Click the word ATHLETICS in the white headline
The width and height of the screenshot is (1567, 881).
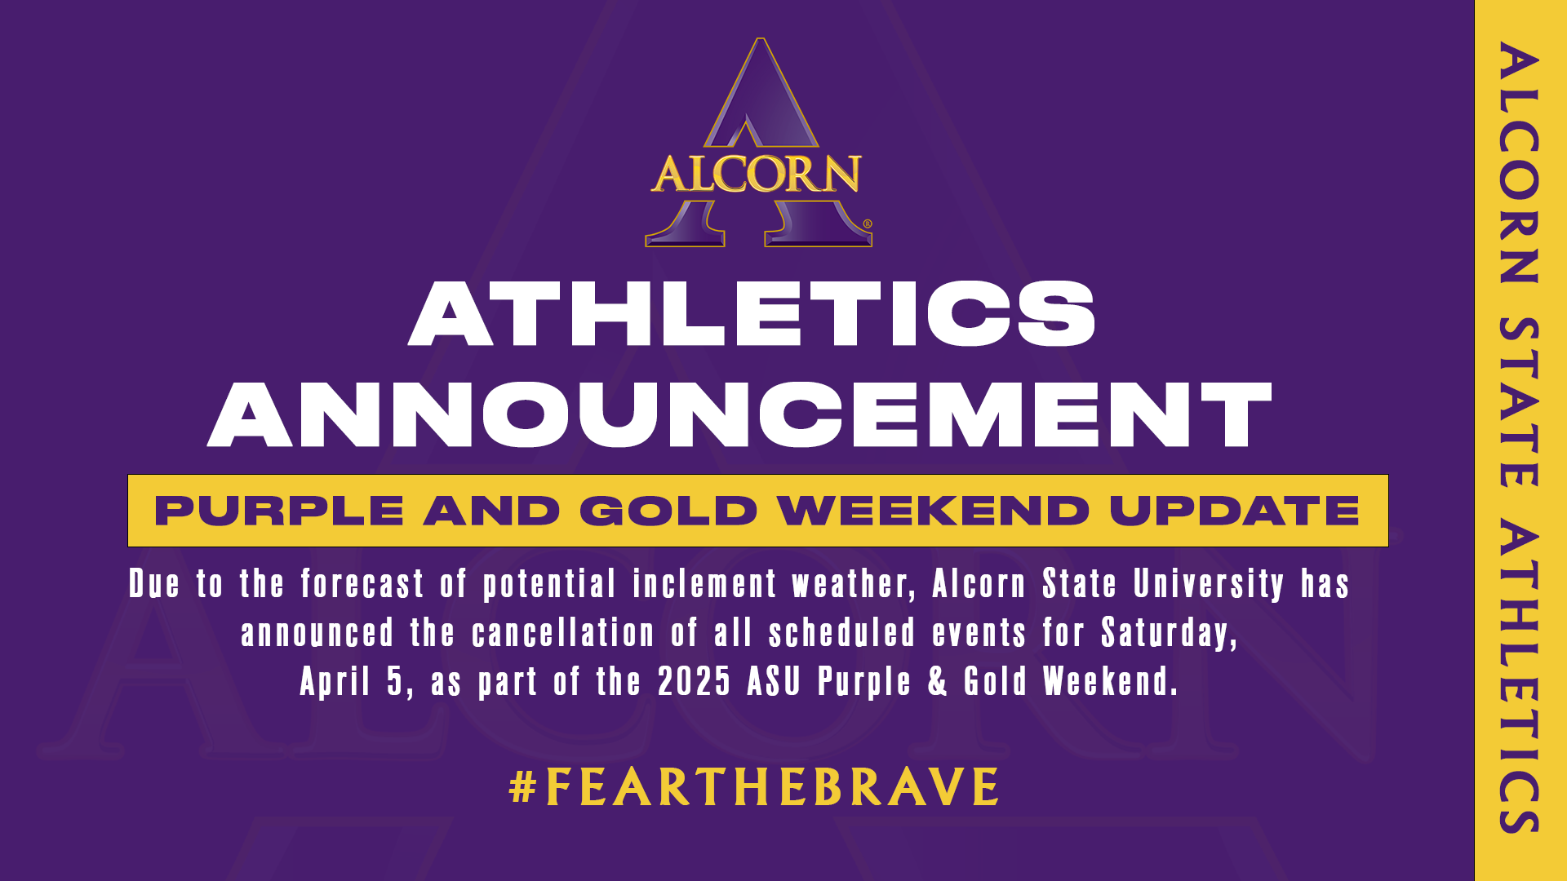click(x=752, y=314)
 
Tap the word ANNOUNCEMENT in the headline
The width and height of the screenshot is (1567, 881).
click(x=739, y=414)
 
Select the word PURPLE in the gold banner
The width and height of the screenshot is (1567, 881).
click(x=279, y=511)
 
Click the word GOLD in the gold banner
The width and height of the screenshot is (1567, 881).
click(x=668, y=511)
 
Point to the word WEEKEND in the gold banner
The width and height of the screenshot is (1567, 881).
click(x=933, y=511)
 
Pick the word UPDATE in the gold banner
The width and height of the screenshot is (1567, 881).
click(x=1234, y=511)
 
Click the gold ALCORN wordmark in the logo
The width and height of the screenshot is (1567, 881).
click(x=756, y=174)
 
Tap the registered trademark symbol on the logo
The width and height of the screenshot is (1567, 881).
click(x=867, y=224)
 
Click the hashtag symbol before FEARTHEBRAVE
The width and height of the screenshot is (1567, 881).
click(x=522, y=787)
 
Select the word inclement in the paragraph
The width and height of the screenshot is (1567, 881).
click(x=704, y=584)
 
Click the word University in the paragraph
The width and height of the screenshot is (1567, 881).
click(x=1209, y=584)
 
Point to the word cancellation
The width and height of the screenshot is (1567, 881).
click(x=563, y=633)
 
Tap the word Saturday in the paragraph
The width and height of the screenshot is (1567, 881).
click(x=1169, y=633)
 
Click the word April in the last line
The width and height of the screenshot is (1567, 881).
click(x=335, y=682)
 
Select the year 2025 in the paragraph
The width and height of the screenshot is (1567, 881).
click(x=694, y=682)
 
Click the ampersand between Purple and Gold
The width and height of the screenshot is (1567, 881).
click(x=938, y=682)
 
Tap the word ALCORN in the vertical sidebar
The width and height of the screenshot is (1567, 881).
click(x=1519, y=163)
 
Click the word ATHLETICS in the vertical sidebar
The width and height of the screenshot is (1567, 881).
click(x=1519, y=677)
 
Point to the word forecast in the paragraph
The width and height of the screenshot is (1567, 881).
click(x=362, y=584)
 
